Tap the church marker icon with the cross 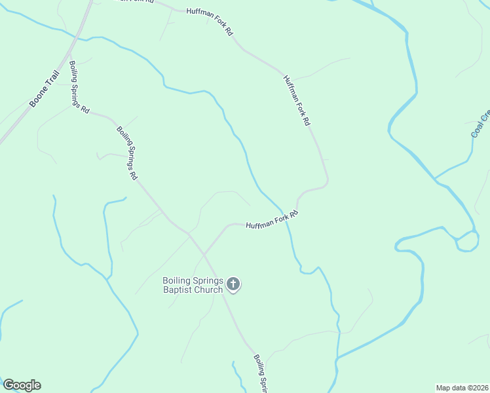pyautogui.click(x=233, y=285)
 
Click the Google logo pyautogui.click(x=22, y=385)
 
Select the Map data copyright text pyautogui.click(x=462, y=388)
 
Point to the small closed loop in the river pyautogui.click(x=466, y=241)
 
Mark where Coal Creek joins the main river pyautogui.click(x=434, y=178)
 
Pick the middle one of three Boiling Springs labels pyautogui.click(x=127, y=153)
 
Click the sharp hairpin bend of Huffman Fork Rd pyautogui.click(x=326, y=182)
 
